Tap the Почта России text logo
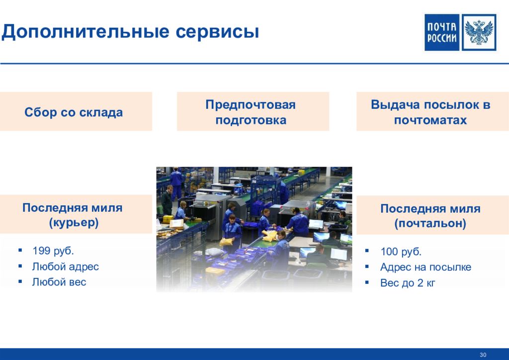442,32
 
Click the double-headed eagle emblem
479,32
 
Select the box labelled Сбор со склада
76,111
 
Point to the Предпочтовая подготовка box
253,111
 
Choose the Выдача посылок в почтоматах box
432,111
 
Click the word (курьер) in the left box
74,223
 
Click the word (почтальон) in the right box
430,223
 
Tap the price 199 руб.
53,251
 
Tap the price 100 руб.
401,252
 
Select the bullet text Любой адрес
65,267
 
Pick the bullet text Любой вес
59,282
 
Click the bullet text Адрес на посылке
425,267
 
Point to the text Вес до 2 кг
408,283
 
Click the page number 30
483,355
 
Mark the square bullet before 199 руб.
20,250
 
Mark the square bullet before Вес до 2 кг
367,282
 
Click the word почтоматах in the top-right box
430,120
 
